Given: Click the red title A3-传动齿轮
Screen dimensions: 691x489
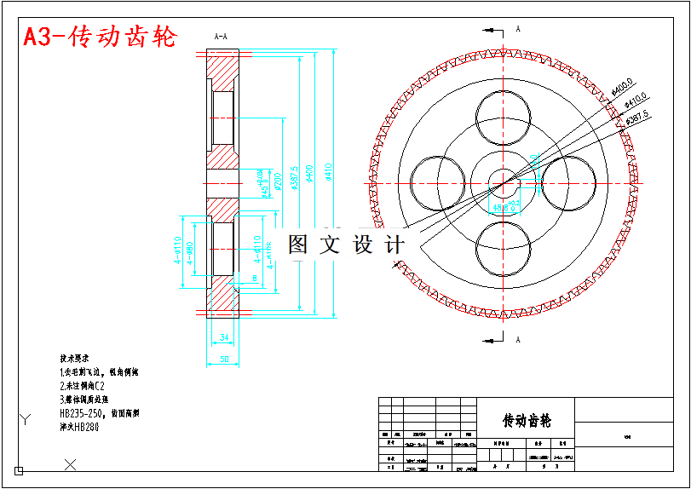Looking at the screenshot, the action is click(100, 37).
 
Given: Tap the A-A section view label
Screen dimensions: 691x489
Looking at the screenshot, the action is click(220, 36).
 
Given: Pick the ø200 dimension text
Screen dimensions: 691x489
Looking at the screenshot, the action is click(278, 181).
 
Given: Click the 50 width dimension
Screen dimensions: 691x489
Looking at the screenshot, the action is click(224, 360).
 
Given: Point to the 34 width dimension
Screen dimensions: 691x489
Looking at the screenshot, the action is click(224, 337).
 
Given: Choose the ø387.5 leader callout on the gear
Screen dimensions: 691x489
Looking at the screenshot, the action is click(638, 117).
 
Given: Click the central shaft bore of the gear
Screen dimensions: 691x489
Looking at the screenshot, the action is click(504, 182).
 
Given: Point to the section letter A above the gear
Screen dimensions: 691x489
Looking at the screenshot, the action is click(517, 28).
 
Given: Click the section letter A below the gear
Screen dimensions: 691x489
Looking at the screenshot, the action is click(517, 339).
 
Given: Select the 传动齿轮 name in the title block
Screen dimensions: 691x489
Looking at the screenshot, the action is click(527, 421).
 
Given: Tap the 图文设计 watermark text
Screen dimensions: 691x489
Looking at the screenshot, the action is click(346, 245).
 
